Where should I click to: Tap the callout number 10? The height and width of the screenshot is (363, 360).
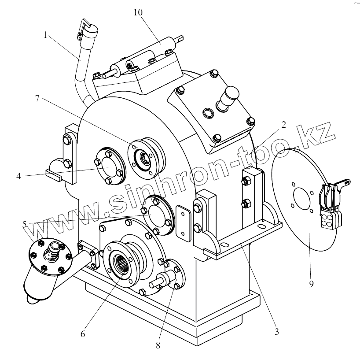tap(139, 12)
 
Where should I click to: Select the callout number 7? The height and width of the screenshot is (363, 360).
tap(39, 98)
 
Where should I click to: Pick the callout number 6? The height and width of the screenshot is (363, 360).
tap(83, 333)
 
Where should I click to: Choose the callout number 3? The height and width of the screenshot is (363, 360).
tap(276, 332)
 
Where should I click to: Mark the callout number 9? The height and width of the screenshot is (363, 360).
tap(311, 284)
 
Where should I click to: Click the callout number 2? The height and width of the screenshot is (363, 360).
tap(284, 124)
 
